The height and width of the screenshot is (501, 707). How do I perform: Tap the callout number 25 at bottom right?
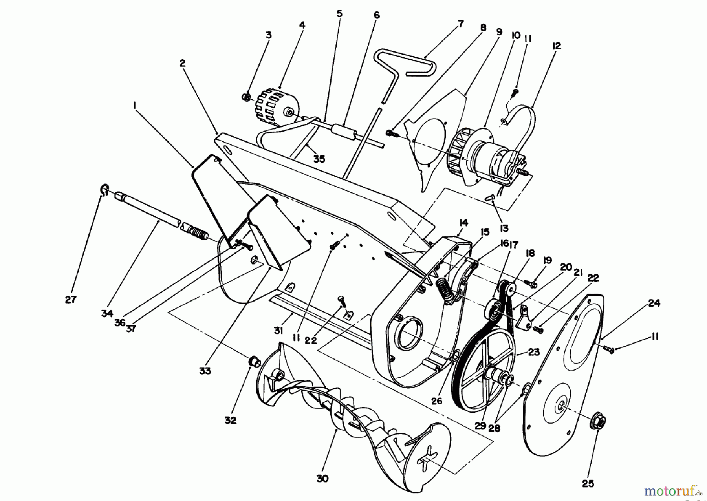[x=588, y=484]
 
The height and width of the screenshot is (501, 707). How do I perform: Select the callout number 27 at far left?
[x=71, y=300]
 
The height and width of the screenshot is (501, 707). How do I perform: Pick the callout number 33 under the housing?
[x=205, y=370]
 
